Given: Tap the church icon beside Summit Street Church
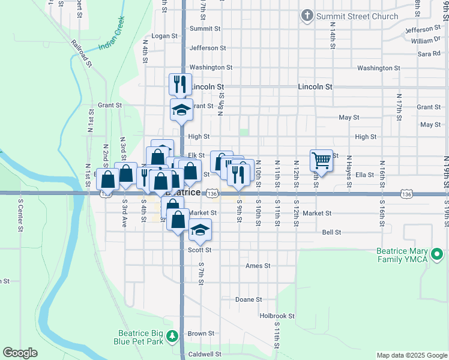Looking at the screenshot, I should (x=307, y=16).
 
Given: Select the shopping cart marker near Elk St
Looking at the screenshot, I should (x=322, y=160).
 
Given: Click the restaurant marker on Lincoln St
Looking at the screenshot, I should (x=181, y=84).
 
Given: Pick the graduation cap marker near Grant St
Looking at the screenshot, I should (x=181, y=110).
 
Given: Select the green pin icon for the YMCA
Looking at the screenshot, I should (x=438, y=255).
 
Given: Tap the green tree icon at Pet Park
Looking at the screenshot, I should (x=172, y=337).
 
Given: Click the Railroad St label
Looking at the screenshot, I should (x=81, y=53).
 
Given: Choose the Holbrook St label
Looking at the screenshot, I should (x=277, y=316).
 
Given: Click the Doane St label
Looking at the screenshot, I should (x=249, y=299).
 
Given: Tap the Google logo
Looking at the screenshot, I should (x=20, y=353).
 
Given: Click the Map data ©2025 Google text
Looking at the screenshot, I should (x=411, y=355).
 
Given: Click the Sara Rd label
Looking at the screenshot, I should (x=429, y=54).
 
